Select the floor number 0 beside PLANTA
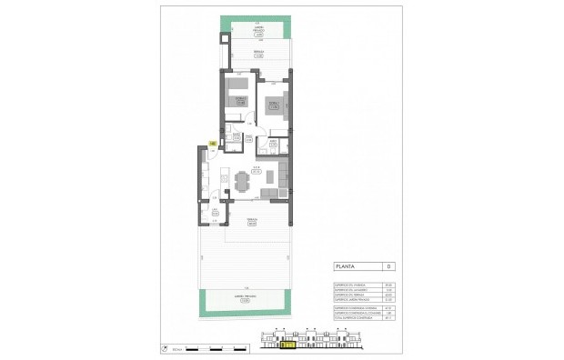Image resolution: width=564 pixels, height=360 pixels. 388,266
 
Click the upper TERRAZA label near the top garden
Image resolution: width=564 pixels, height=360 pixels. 259,54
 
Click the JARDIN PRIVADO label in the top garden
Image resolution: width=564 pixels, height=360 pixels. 258,30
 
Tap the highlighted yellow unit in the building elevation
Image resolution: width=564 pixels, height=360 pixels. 287,345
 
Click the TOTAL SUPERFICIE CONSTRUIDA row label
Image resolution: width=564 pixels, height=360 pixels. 347,318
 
